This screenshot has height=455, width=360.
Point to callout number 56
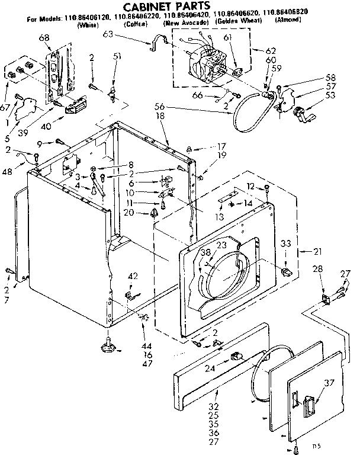click(x=159, y=107)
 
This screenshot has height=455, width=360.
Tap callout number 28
click(x=318, y=270)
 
